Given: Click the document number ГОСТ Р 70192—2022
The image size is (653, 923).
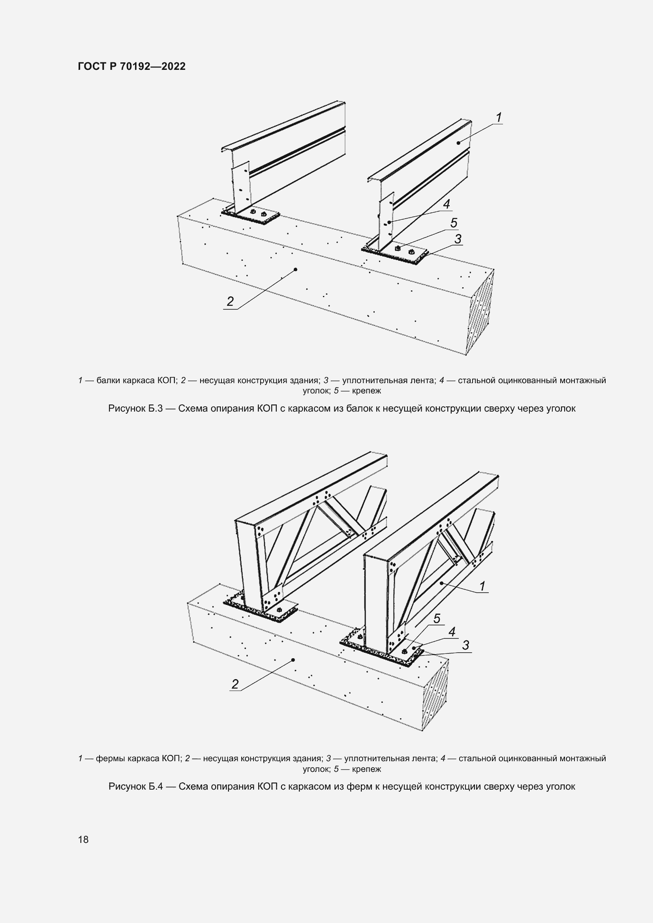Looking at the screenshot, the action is pos(132,66).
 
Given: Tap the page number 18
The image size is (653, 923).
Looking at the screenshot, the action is pos(83,839).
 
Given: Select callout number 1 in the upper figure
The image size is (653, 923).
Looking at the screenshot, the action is pos(499,118).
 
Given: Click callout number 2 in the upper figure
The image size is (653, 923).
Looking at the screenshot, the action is pos(230,301).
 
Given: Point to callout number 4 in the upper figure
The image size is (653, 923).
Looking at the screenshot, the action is pos(447,204).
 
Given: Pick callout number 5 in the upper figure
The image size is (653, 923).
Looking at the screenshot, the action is pos(454,223).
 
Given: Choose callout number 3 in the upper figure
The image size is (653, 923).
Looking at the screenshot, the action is pos(458,239).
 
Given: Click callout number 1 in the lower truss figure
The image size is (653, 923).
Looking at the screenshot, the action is pos(483,586).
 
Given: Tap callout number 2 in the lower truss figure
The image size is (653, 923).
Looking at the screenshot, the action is pos(235,684).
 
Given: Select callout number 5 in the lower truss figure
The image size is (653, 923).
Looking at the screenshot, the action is pos(437,618).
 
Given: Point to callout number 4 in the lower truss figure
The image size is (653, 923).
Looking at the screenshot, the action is pos(452,631).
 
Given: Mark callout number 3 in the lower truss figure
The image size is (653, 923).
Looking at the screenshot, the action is pos(465,645).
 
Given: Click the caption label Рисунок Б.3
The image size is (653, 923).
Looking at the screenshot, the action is pos(135,408).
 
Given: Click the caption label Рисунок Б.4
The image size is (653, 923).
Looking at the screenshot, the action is pos(135,786).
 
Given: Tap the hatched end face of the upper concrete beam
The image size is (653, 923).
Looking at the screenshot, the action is pos(480,312).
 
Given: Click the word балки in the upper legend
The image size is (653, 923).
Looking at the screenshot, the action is pos(108,380).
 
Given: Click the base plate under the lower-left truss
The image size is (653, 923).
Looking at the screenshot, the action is pos(261,610).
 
